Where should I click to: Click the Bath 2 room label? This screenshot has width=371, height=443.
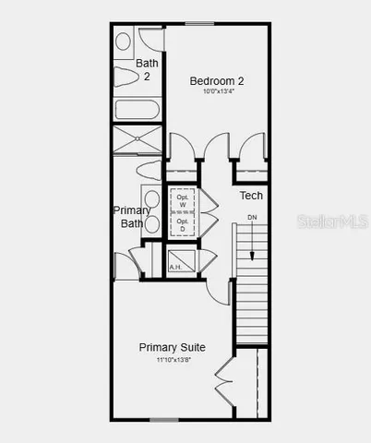[x=148, y=69]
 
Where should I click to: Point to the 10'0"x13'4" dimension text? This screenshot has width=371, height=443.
[x=218, y=91]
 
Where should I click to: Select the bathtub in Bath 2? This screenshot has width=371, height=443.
[x=137, y=109]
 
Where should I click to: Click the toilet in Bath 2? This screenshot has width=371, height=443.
[x=126, y=74]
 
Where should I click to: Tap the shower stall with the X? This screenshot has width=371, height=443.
[x=137, y=139]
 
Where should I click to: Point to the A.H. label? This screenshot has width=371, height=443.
[x=175, y=267]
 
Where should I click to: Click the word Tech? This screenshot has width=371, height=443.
[x=251, y=196]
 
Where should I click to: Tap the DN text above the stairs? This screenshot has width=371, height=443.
[x=252, y=217]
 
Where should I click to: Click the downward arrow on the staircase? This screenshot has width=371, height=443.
[x=252, y=245]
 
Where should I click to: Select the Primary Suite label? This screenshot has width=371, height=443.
[x=172, y=347]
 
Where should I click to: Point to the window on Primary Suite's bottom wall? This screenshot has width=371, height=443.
[x=163, y=420]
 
